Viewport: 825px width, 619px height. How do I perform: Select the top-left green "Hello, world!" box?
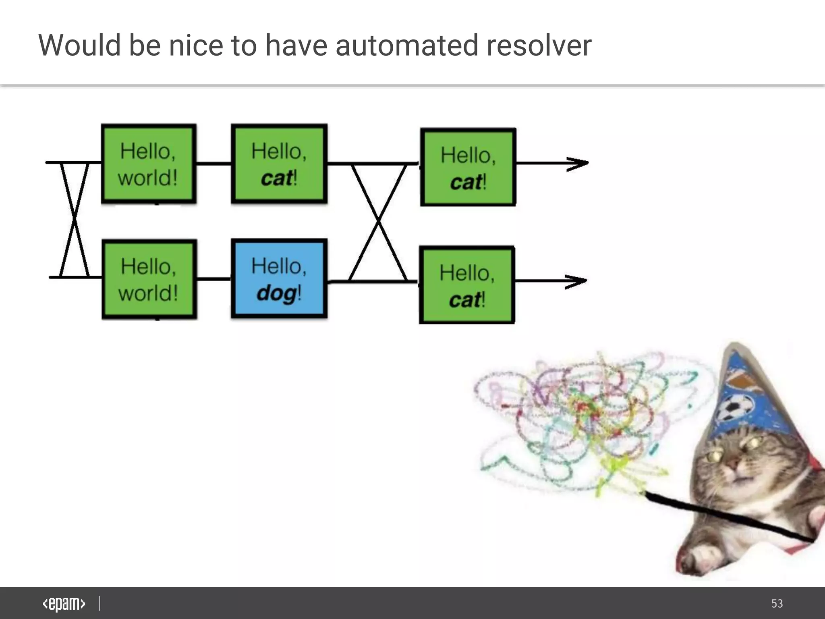[149, 164]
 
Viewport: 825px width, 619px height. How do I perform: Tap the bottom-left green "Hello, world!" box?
[149, 279]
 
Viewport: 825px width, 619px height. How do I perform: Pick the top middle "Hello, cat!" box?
[279, 164]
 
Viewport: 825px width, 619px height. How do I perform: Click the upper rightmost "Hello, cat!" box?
[468, 167]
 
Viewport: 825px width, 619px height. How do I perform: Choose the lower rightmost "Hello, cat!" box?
[466, 285]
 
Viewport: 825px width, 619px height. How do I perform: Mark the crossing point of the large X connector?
[378, 221]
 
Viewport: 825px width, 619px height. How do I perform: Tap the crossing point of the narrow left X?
[74, 220]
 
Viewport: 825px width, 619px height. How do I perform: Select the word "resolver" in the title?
[539, 45]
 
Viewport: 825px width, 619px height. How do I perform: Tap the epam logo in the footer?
[64, 604]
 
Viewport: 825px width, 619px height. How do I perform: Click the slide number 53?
[777, 604]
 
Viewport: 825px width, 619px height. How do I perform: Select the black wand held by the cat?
[725, 516]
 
